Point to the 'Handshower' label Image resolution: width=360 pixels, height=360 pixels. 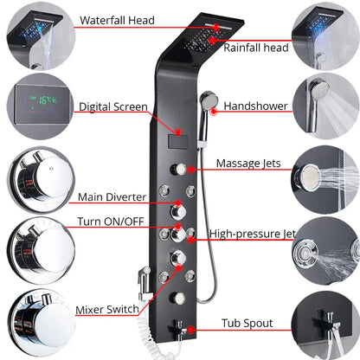[x=255, y=106]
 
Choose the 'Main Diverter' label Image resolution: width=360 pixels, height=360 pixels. [x=112, y=197]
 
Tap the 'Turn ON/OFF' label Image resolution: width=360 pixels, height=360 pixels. [x=112, y=221]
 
